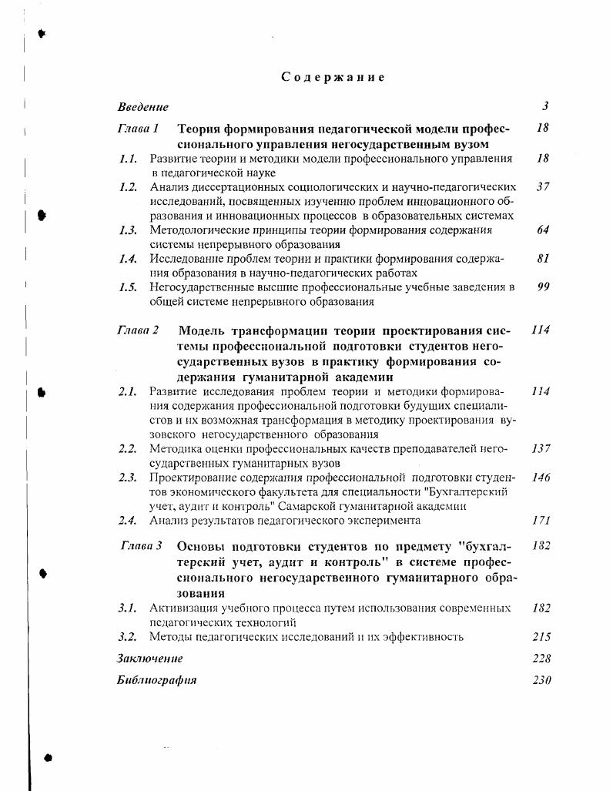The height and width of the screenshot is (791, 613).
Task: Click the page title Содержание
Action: point(332,77)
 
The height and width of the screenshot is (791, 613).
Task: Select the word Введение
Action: point(143,107)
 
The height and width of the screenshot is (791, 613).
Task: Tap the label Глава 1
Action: point(138,129)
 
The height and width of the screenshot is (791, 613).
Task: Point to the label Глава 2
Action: point(138,330)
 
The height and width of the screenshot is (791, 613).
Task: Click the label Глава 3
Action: point(142,545)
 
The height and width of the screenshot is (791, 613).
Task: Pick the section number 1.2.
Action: point(128,186)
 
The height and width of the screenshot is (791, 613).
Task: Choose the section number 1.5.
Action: point(128,287)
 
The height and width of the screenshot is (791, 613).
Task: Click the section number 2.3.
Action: point(128,478)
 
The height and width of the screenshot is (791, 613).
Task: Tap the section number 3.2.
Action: point(128,636)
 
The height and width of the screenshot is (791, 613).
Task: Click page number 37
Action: point(543,186)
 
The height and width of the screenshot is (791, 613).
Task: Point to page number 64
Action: point(543,230)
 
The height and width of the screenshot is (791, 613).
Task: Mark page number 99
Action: point(543,287)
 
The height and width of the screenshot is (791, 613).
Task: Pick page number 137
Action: point(541,448)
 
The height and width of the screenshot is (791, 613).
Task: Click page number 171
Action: point(541,521)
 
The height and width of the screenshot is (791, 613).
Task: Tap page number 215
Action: point(541,636)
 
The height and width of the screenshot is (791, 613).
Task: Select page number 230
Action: point(541,680)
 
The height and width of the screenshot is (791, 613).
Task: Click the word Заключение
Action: point(150,659)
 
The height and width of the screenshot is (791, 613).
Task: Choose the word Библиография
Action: point(157,680)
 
